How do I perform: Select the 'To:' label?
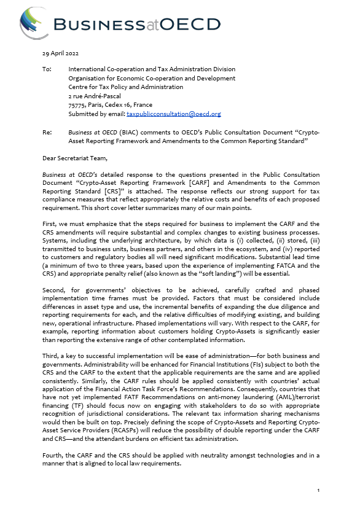47,69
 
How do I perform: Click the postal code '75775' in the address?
79,105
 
